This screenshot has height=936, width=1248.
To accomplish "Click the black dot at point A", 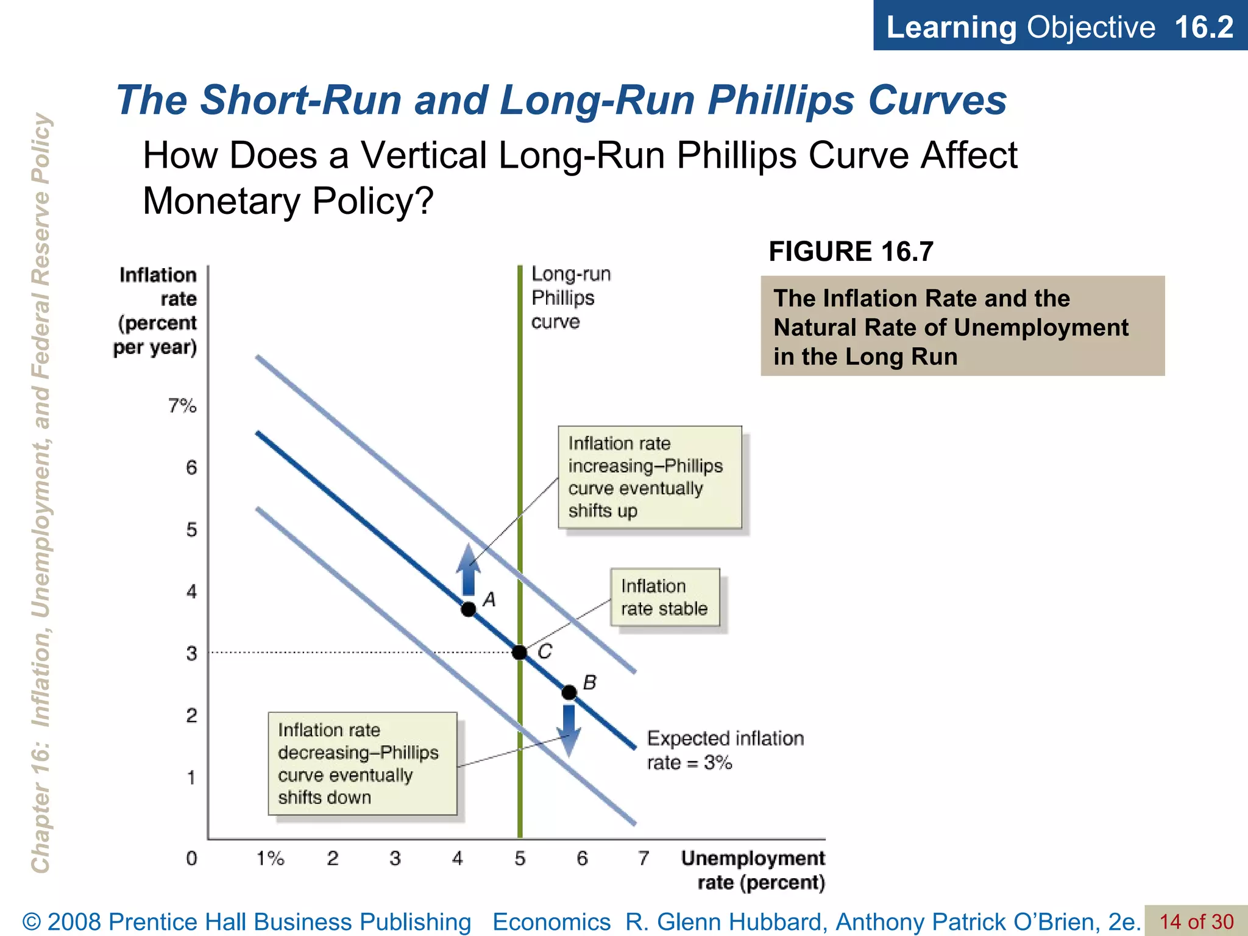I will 468,609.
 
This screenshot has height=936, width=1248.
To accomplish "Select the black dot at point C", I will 519,653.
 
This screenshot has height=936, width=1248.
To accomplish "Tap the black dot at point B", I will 569,692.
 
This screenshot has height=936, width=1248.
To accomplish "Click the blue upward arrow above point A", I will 468,569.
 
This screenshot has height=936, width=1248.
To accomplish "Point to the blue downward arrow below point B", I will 569,730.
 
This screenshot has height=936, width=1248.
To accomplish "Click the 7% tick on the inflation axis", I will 182,406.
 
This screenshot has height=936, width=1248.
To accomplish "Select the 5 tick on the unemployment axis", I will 520,859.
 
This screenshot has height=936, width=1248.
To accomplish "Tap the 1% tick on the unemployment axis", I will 270,859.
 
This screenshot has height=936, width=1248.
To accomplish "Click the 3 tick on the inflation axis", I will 191,654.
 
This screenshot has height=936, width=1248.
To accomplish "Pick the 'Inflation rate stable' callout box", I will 665,597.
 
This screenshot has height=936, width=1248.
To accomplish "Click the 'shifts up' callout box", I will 650,477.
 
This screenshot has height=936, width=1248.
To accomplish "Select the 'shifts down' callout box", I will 363,764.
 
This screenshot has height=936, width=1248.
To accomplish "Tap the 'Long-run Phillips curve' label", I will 570,298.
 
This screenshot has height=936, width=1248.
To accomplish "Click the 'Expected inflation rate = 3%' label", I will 725,750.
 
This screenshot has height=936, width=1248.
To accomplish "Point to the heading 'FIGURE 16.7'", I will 851,252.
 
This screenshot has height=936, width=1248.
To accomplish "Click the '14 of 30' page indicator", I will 1196,921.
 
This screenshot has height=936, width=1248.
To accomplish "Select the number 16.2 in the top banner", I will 1204,27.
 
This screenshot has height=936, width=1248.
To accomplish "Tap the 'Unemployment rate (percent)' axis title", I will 754,870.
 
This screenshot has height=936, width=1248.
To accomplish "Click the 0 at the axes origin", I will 191,859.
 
